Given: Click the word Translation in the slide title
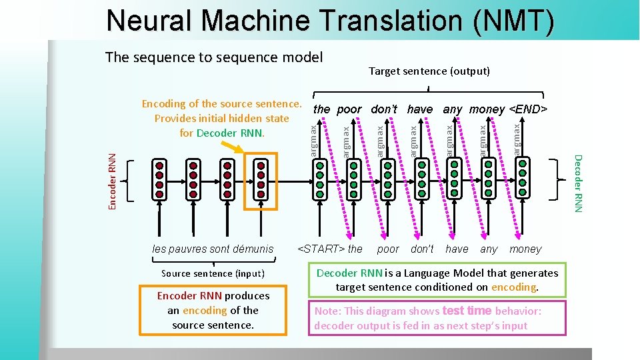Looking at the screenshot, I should [393, 21].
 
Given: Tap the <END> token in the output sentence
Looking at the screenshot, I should [528, 109].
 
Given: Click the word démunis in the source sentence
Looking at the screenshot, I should [253, 249].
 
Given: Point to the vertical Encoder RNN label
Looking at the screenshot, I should [113, 181].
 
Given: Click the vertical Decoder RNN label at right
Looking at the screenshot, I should [578, 184].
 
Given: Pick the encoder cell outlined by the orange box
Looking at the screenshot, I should [261, 180].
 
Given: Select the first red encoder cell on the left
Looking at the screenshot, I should [159, 180].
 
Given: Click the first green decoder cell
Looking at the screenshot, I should [320, 180].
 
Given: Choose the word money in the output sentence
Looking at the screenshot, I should [487, 109].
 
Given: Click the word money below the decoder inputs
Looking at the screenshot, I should [525, 249].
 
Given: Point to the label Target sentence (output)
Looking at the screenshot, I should [429, 71].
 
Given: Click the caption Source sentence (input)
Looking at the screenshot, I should [213, 273].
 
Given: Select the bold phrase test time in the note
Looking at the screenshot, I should [467, 311].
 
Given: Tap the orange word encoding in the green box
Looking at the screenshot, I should [513, 287].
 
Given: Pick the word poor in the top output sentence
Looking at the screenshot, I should [349, 109].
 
